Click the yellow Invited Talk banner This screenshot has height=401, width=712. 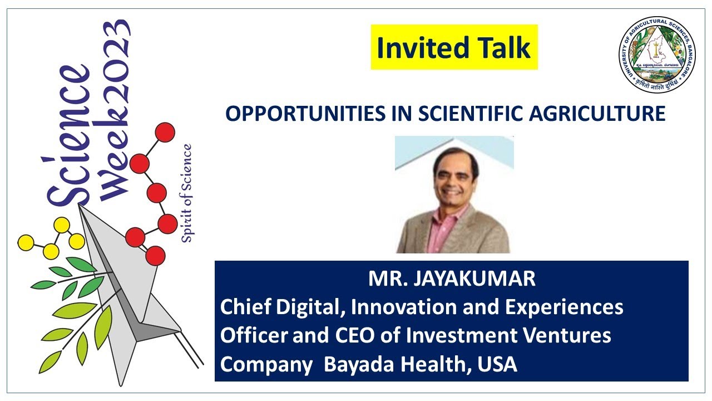[454, 47]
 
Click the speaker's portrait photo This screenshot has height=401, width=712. [454, 195]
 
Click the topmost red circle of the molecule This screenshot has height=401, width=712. [165, 133]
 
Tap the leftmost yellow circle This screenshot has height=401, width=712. [26, 242]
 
